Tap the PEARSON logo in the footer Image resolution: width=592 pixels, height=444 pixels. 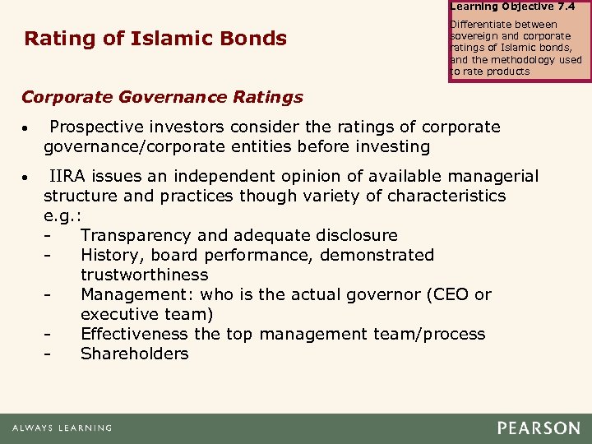[539, 428]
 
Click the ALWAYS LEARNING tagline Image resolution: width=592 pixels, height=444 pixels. [62, 428]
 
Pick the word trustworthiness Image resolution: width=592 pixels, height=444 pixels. [145, 275]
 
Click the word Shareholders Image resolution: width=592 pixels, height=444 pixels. [135, 354]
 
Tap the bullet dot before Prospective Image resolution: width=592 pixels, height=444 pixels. [27, 130]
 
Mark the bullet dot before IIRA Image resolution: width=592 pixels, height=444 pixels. [27, 178]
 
